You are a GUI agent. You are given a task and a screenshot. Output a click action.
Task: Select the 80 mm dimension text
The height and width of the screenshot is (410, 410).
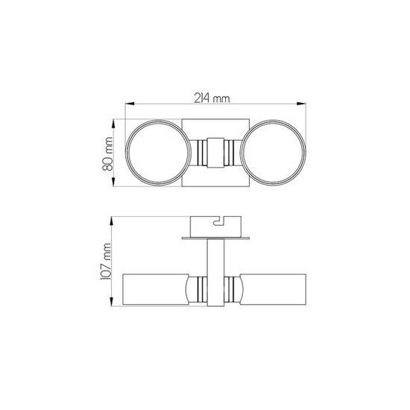click(109, 153)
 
